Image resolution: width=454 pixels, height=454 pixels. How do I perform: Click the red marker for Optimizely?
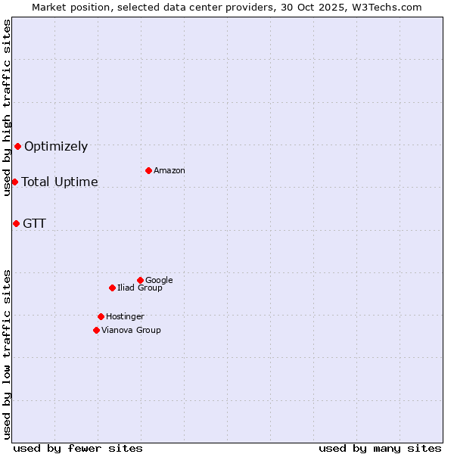(17, 146)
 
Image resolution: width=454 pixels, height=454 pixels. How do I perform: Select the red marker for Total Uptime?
(14, 182)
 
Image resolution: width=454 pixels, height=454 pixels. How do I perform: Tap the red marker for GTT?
(16, 223)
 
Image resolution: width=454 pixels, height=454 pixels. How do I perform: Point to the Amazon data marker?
(148, 170)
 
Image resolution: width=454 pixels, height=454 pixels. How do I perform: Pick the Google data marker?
(140, 280)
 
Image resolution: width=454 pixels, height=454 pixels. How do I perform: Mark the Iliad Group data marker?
(112, 288)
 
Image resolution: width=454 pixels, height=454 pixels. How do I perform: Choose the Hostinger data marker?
(101, 316)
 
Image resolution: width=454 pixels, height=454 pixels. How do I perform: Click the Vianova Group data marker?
(96, 330)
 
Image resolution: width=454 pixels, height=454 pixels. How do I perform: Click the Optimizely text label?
(56, 147)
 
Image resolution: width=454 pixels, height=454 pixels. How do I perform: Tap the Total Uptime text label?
(60, 182)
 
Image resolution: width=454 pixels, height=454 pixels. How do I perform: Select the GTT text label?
(34, 223)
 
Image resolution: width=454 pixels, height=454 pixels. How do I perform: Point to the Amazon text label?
(169, 171)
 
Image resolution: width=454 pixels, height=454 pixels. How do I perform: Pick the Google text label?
(159, 281)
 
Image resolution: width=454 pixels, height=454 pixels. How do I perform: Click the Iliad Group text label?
(140, 288)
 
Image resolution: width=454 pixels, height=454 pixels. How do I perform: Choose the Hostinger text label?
(125, 317)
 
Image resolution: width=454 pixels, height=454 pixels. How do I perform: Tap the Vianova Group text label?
(131, 331)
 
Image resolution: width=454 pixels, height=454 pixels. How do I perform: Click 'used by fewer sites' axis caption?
(78, 448)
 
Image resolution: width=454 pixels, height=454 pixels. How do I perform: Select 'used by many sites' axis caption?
(380, 448)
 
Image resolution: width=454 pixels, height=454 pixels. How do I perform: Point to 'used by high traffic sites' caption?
(7, 107)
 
